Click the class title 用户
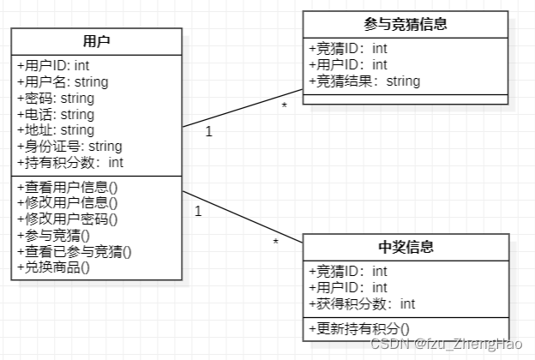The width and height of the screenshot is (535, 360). tap(96, 41)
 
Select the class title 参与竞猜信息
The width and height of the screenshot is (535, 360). tap(406, 24)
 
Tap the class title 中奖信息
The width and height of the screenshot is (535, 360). tap(406, 248)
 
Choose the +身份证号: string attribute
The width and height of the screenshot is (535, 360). tap(69, 147)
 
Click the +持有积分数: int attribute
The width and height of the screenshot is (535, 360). tap(69, 162)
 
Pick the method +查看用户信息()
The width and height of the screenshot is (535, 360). tap(67, 187)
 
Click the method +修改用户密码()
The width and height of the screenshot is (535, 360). tap(67, 219)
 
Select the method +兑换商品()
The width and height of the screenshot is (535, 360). tap(53, 267)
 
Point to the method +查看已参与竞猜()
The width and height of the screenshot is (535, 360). tap(74, 250)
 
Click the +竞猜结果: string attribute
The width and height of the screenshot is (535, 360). tap(364, 81)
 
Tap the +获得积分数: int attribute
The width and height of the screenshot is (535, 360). tap(362, 303)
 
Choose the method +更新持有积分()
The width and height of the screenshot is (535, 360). tap(358, 327)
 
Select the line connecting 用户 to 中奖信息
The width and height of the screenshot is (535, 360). tap(243, 217)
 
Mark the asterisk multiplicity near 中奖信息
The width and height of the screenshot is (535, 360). tap(275, 243)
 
